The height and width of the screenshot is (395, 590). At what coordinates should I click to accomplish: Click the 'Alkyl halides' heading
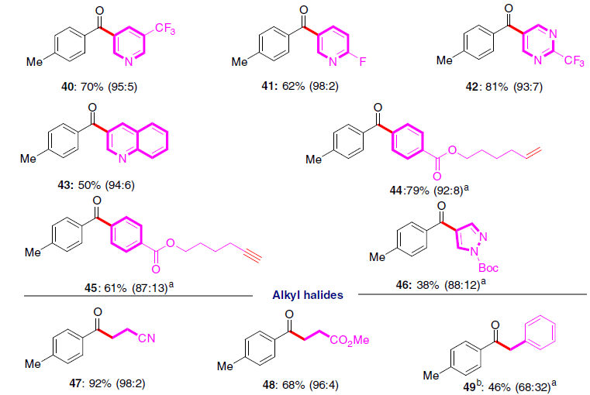(x=306, y=294)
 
